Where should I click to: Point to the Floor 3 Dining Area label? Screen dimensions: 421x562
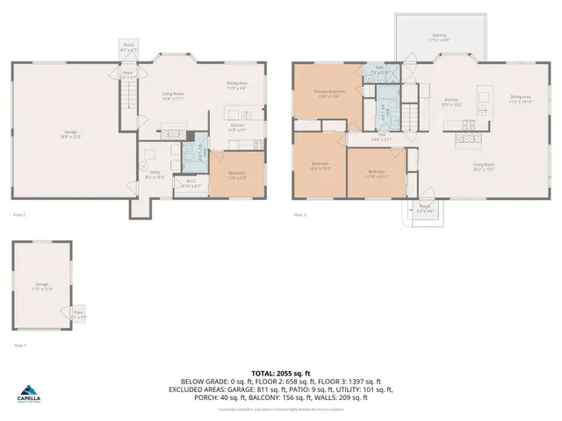(x=522, y=99)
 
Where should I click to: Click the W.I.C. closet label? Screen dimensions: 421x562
(x=191, y=184)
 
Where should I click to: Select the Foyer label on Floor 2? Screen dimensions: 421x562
(x=128, y=75)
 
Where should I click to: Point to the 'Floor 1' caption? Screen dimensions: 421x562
(x=19, y=346)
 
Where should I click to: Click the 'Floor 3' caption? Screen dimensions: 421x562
(x=299, y=215)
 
